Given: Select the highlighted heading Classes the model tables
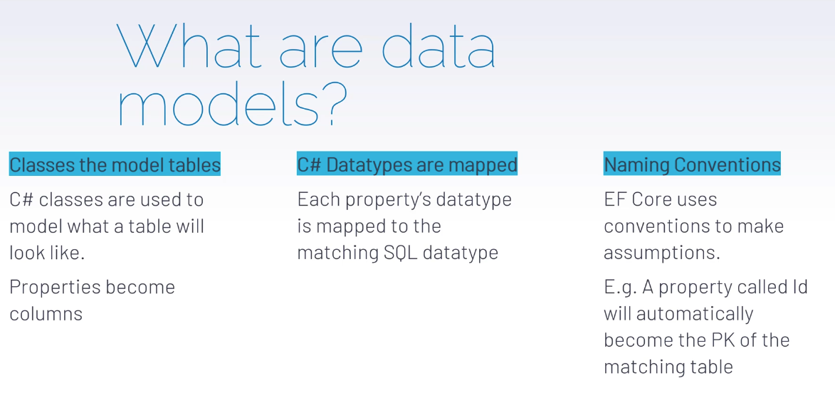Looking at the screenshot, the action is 115,164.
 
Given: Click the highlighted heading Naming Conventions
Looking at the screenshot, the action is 692,164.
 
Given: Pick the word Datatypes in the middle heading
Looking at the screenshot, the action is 369,164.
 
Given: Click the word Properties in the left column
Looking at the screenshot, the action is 55,288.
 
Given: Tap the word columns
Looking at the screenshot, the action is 46,314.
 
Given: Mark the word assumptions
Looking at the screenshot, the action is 661,253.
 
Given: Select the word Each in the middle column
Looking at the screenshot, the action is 318,200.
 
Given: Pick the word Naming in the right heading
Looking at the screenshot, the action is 636,164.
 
